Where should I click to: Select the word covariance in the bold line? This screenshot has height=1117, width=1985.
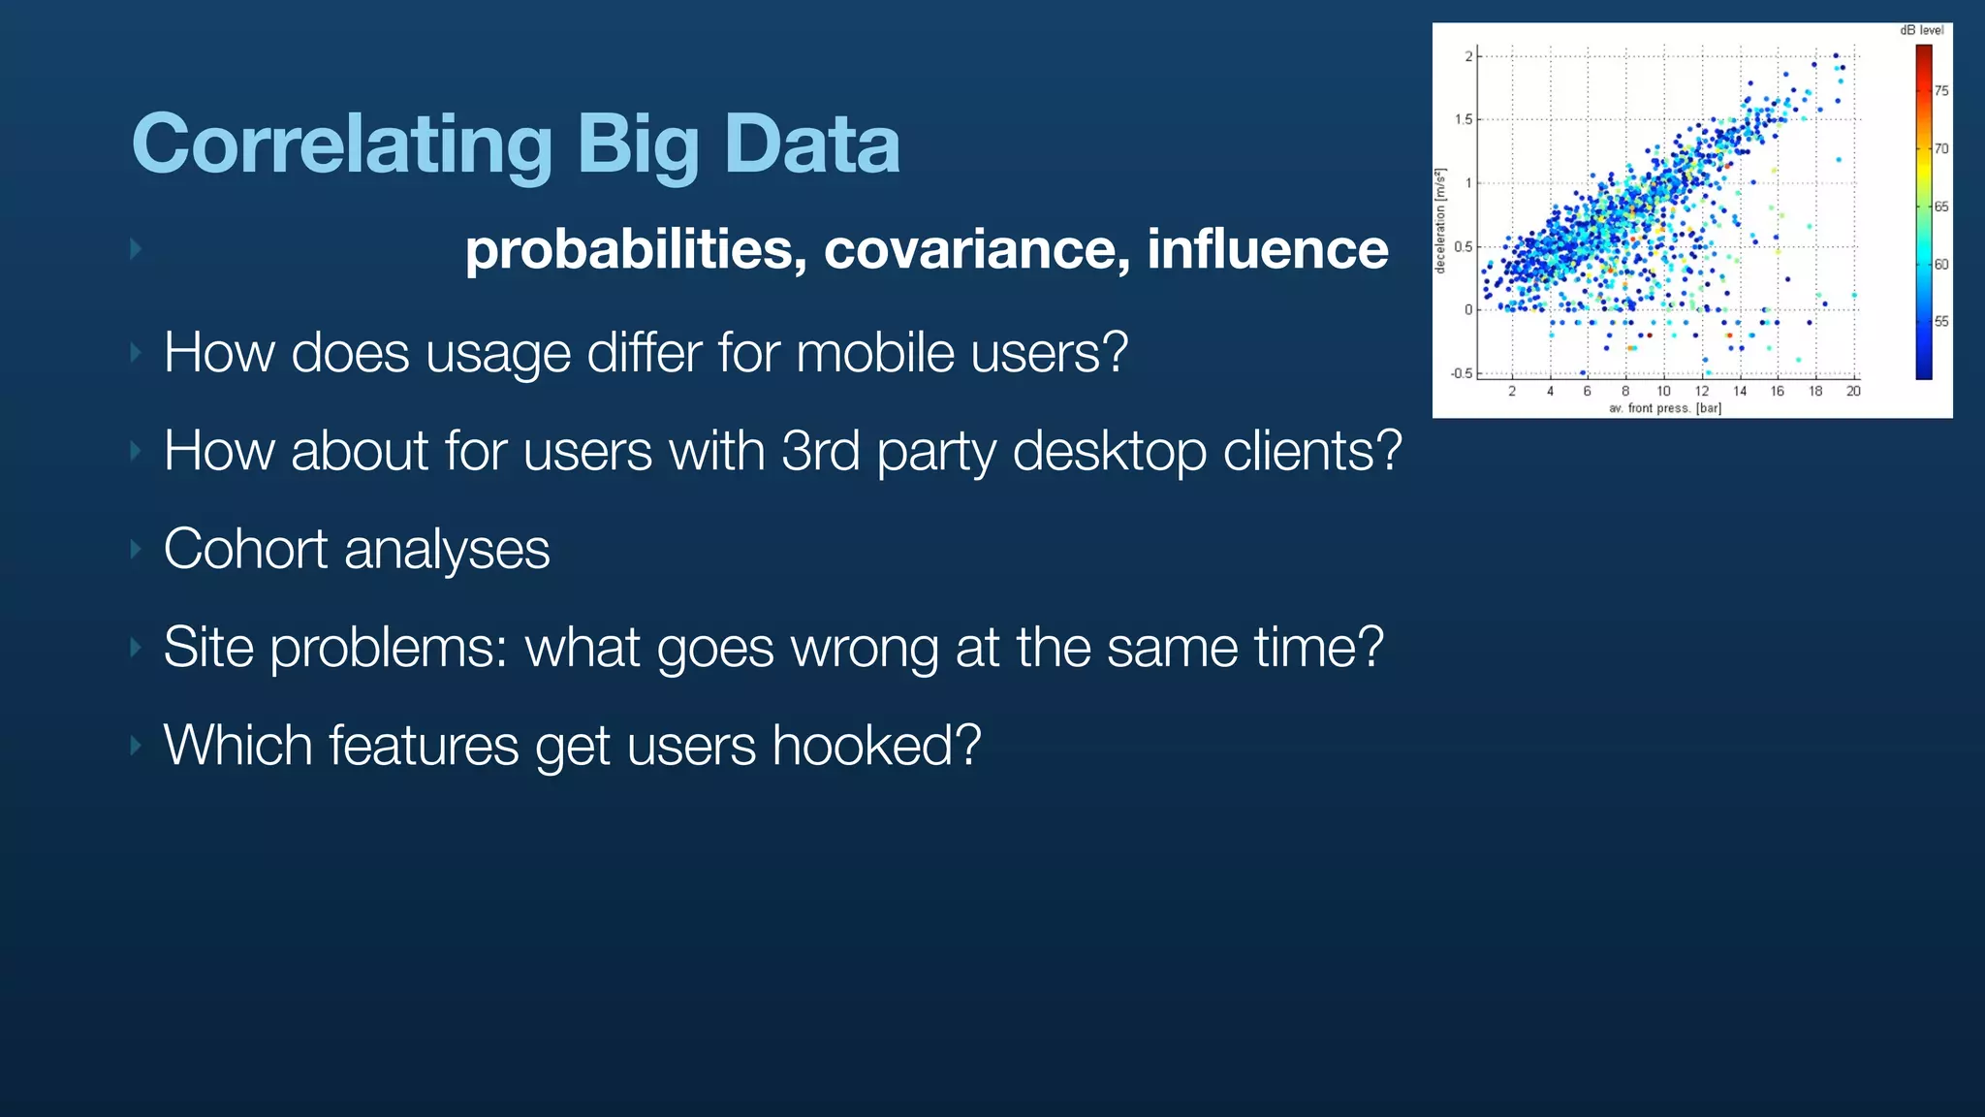pos(977,249)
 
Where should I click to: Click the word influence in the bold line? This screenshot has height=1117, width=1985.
pos(1268,249)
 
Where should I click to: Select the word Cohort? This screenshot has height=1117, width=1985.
pos(245,549)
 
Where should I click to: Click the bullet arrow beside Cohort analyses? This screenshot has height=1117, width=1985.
pos(136,550)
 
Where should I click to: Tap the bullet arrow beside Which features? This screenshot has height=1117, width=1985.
pos(136,746)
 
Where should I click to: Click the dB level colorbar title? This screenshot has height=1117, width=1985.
pos(1921,30)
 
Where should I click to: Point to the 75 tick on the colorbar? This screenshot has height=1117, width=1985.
pos(1941,91)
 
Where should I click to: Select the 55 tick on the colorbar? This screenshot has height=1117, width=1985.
pos(1941,321)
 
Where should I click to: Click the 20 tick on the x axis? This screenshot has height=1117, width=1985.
pos(1853,392)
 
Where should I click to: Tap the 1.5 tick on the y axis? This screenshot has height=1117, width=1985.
pos(1463,119)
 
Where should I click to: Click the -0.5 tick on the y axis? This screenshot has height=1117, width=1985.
pos(1461,373)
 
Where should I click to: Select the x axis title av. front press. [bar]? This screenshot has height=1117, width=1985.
pos(1665,408)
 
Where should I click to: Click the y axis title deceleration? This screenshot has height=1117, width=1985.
pos(1440,221)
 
